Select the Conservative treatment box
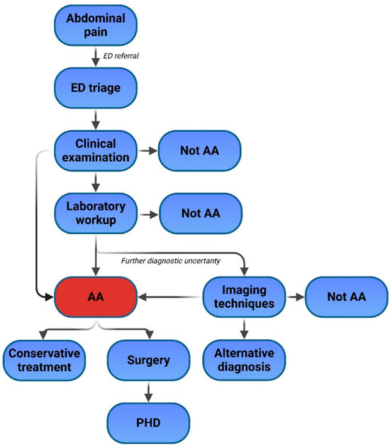coord(45,360)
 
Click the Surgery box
coord(149,360)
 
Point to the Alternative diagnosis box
coord(244,360)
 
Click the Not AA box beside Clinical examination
coord(201,150)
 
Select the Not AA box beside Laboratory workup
coord(201,212)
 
